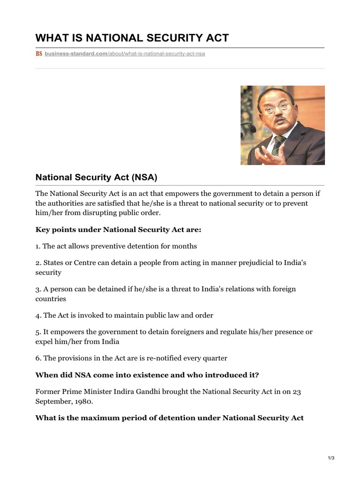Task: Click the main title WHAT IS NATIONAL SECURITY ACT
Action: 132,37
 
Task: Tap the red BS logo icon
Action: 39,54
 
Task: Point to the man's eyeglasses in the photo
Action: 275,109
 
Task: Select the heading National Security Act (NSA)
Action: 96,177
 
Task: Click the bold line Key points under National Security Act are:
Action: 118,230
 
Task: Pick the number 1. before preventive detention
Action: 38,246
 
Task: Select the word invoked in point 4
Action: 93,315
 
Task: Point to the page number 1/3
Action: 331,458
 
